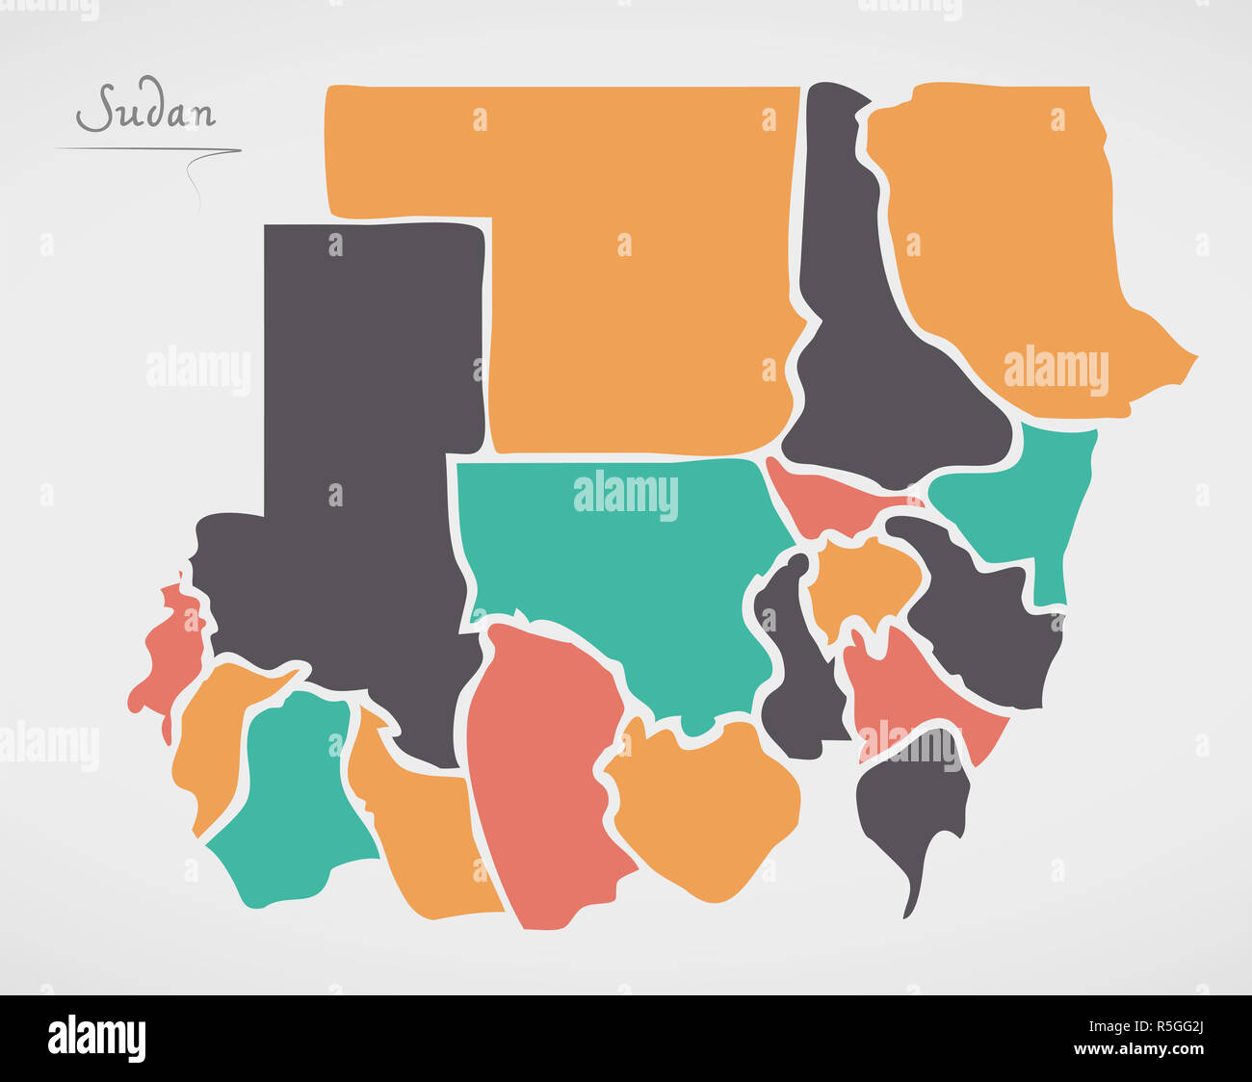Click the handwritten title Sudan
pyautogui.click(x=146, y=111)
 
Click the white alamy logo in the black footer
pyautogui.click(x=96, y=1039)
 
